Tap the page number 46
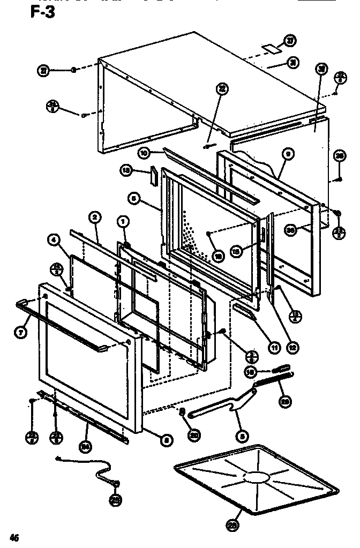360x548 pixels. pyautogui.click(x=14, y=537)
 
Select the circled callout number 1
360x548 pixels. pyautogui.click(x=123, y=221)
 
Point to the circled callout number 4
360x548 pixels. pyautogui.click(x=54, y=241)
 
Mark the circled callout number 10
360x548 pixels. pyautogui.click(x=143, y=153)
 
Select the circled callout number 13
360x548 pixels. pyautogui.click(x=126, y=170)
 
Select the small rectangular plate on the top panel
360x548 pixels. pyautogui.click(x=274, y=48)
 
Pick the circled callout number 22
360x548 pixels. pyautogui.click(x=221, y=89)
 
